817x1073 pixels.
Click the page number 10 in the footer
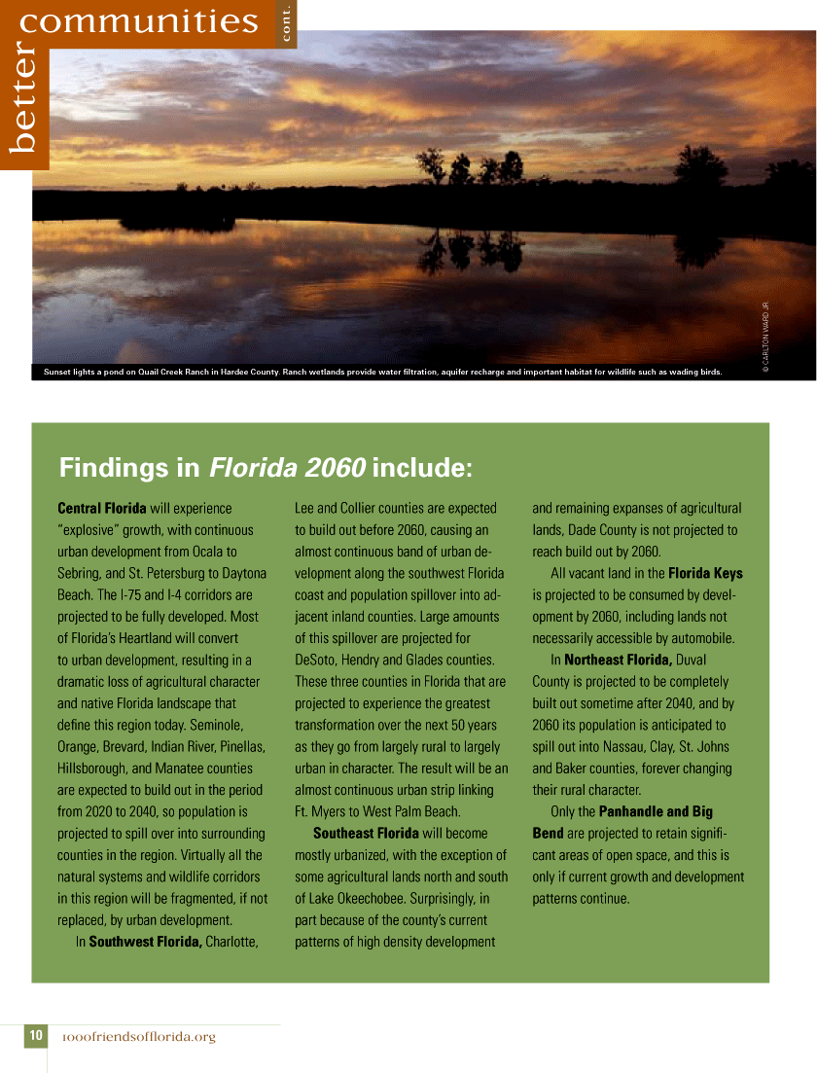(35, 1036)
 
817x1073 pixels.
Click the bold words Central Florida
(102, 508)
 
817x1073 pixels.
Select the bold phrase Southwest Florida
(145, 942)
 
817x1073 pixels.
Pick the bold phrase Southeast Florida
(366, 833)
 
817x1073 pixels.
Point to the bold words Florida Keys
(705, 573)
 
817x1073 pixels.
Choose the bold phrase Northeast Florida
(619, 660)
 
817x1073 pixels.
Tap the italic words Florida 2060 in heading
(286, 468)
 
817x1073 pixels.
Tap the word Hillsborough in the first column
(94, 768)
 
